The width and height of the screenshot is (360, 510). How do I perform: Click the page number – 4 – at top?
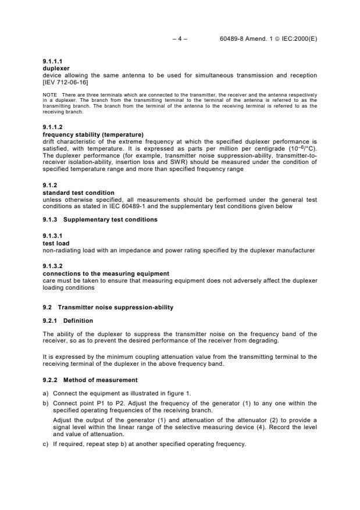click(180, 39)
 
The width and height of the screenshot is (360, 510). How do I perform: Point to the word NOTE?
click(49, 95)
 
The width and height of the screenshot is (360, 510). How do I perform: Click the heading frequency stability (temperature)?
click(93, 134)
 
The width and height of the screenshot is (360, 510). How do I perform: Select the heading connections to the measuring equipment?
click(106, 273)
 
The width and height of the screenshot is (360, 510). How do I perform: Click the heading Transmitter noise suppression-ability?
click(116, 306)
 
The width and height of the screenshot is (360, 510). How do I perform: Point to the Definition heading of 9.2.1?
click(78, 320)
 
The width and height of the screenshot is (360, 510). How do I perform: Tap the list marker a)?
click(46, 394)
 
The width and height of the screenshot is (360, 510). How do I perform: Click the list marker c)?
click(46, 445)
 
